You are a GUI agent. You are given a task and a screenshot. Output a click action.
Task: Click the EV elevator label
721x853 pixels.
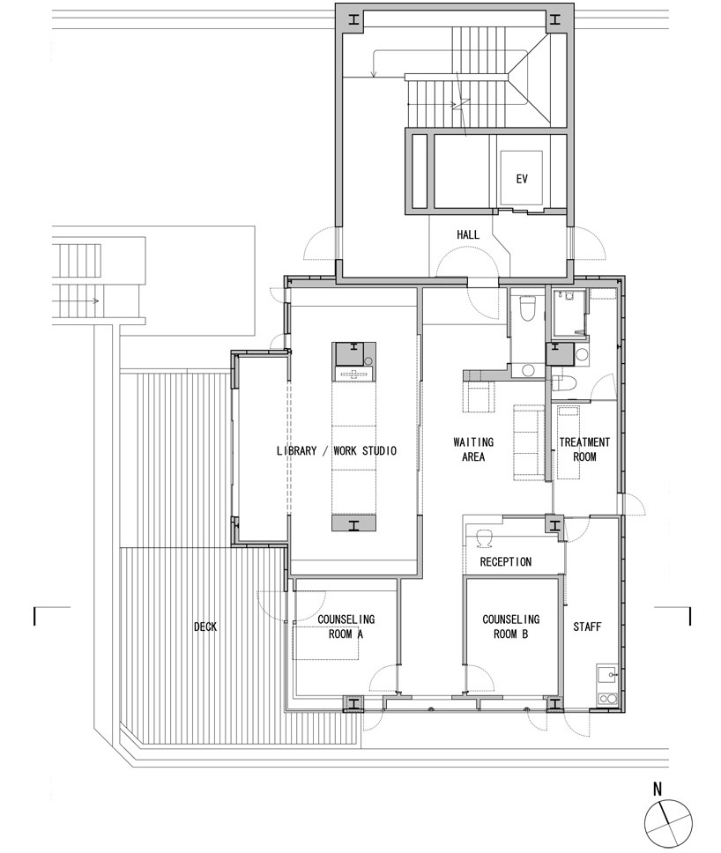point(521,178)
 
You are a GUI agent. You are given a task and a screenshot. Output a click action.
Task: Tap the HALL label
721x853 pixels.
point(467,234)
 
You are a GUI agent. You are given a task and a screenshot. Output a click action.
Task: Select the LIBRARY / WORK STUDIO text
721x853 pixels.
point(337,450)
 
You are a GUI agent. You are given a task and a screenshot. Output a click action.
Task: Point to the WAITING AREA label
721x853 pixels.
point(473,449)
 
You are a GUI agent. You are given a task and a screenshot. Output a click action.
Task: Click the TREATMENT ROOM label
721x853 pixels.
point(584,449)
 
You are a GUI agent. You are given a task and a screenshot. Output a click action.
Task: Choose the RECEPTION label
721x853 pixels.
point(506,561)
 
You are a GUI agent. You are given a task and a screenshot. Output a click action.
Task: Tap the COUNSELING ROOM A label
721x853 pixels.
point(346,627)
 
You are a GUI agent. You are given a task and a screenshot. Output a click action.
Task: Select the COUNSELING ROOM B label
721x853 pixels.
point(511,627)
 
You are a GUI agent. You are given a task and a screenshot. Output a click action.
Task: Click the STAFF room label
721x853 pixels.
point(587,627)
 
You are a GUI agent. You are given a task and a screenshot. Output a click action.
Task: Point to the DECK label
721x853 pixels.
point(205,627)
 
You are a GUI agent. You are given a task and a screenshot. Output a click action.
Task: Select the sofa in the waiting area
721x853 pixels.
point(528,441)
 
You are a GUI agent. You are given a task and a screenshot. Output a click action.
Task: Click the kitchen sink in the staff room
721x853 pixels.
point(606,676)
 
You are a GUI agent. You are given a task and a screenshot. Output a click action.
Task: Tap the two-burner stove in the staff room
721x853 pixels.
point(606,698)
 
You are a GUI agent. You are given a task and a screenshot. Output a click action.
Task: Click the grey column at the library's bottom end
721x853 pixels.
point(353,523)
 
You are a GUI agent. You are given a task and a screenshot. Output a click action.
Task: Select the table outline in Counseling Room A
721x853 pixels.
point(325,643)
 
